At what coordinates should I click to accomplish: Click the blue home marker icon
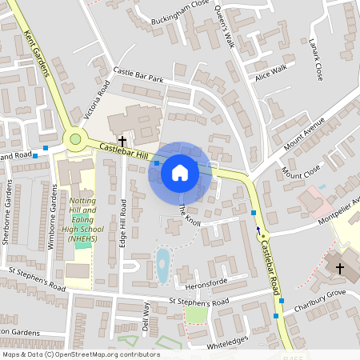pyautogui.click(x=179, y=172)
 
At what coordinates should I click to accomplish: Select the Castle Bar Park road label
pyautogui.click(x=138, y=75)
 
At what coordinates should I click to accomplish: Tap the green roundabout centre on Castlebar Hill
pyautogui.click(x=75, y=139)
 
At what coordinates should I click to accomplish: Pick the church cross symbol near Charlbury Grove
pyautogui.click(x=339, y=269)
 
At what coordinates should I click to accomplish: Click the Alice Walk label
pyautogui.click(x=270, y=73)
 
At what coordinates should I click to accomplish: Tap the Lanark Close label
pyautogui.click(x=316, y=62)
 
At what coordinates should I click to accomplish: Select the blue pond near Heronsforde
pyautogui.click(x=162, y=266)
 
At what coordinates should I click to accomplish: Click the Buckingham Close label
pyautogui.click(x=184, y=11)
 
